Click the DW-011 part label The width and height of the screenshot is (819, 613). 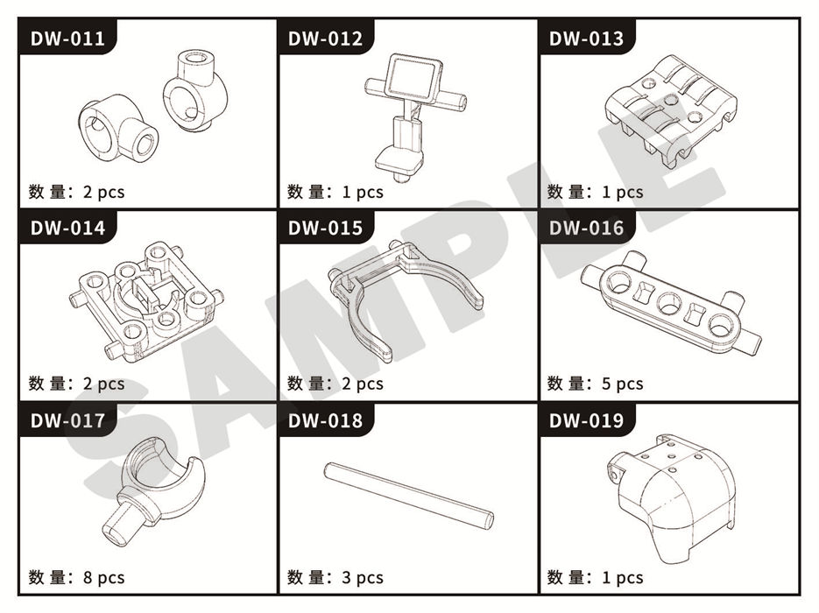click(x=67, y=39)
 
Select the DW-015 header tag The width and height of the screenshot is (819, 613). click(x=325, y=229)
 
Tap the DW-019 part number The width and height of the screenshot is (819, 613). click(x=586, y=421)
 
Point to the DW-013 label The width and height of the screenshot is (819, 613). click(x=586, y=39)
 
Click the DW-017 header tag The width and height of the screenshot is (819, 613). click(x=67, y=421)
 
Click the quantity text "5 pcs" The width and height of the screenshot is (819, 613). click(x=622, y=384)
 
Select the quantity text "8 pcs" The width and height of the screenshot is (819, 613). click(x=104, y=577)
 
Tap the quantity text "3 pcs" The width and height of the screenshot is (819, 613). click(x=363, y=577)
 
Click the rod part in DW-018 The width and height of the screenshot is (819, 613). click(x=408, y=495)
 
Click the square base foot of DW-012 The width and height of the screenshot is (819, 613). click(x=399, y=163)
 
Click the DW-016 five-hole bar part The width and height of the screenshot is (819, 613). click(x=671, y=303)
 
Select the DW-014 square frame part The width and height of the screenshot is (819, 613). click(x=147, y=301)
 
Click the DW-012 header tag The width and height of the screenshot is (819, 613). click(x=325, y=39)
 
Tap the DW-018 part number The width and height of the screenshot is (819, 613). click(x=325, y=421)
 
